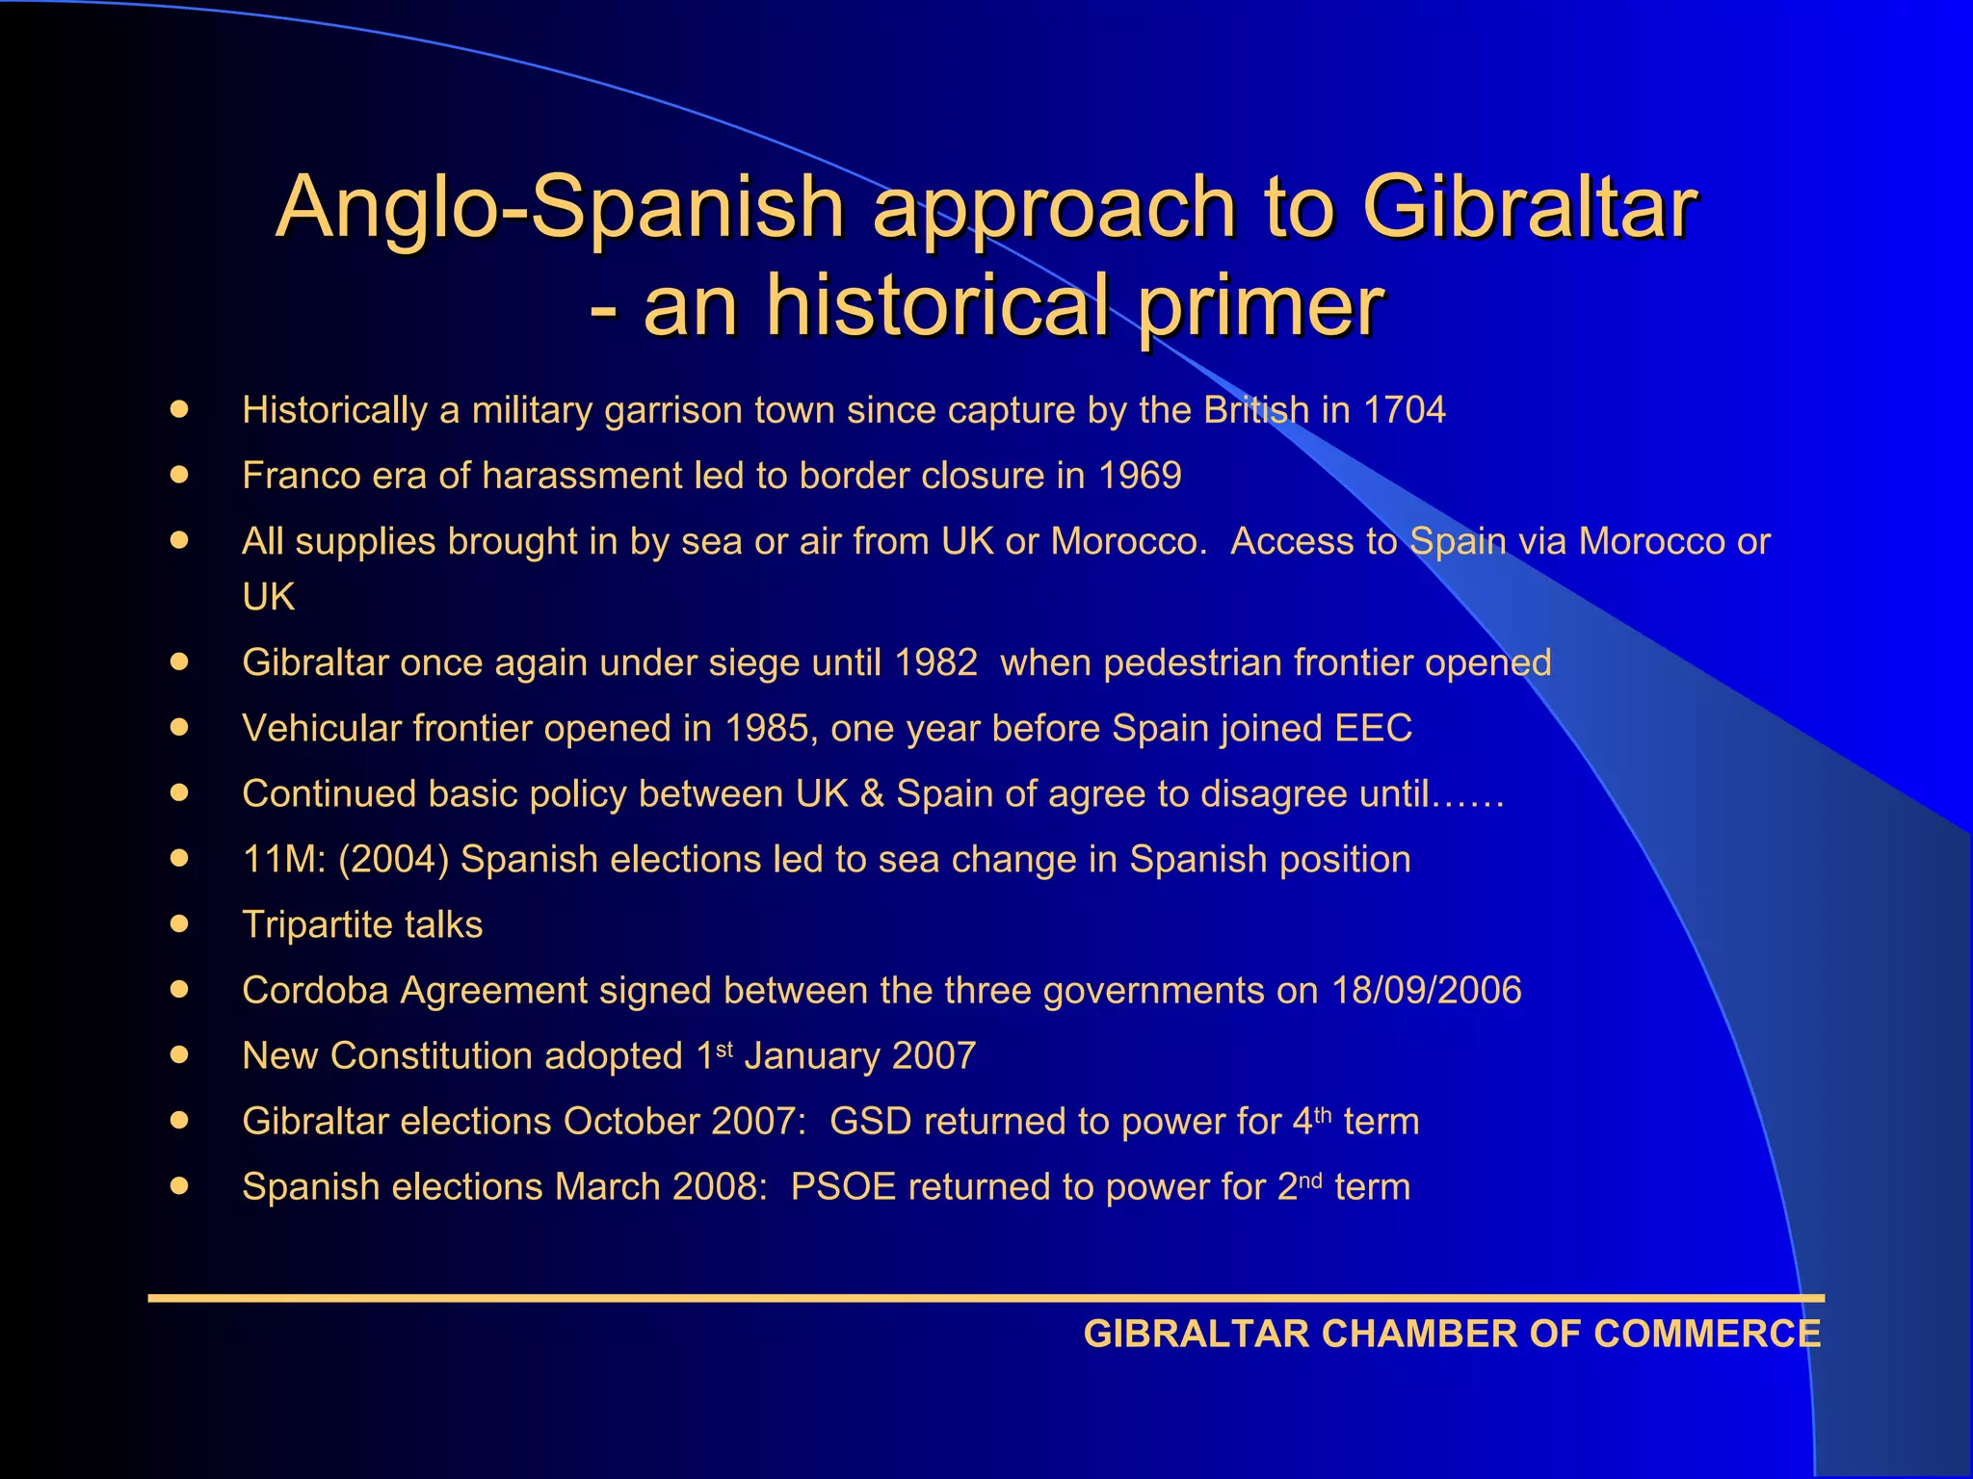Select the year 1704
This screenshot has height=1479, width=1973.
click(1404, 410)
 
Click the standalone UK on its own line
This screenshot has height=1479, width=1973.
click(269, 597)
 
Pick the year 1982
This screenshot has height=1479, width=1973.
click(935, 663)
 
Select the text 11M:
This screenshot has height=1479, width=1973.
click(284, 860)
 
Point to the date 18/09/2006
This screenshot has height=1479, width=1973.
click(1426, 991)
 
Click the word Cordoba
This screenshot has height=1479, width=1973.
click(315, 991)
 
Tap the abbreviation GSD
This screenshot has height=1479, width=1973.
click(870, 1122)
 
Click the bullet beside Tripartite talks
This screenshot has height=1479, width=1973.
click(179, 923)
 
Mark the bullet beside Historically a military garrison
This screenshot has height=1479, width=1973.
click(179, 409)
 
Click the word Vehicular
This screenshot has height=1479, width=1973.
click(322, 729)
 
